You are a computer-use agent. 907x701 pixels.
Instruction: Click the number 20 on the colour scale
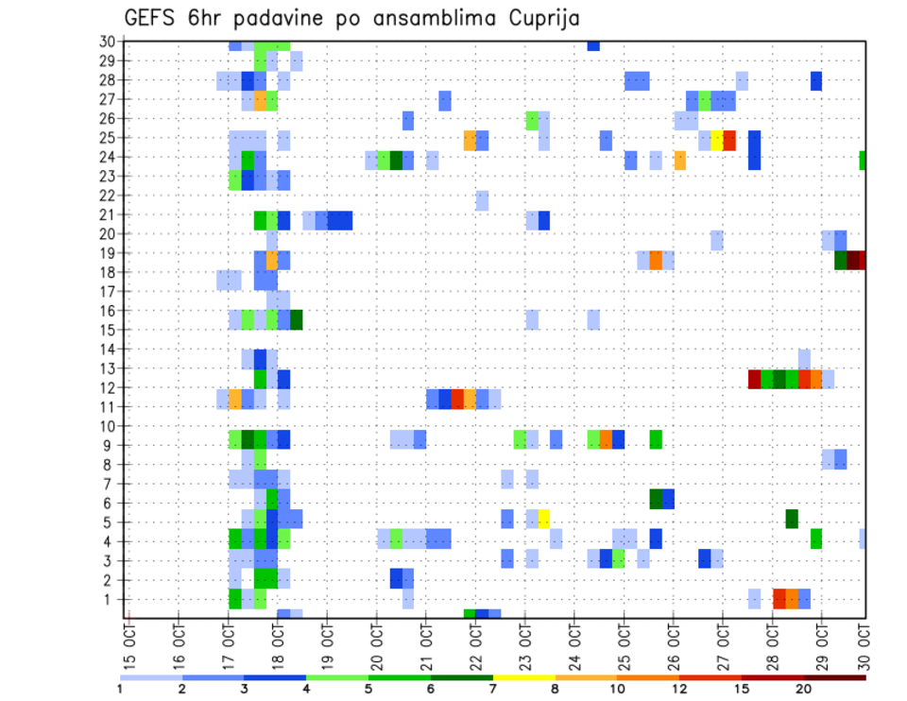click(x=803, y=689)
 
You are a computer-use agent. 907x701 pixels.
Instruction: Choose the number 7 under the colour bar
click(x=492, y=689)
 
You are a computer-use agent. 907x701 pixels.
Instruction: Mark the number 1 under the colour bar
click(x=120, y=689)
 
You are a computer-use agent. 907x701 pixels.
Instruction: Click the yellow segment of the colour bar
click(x=523, y=676)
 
